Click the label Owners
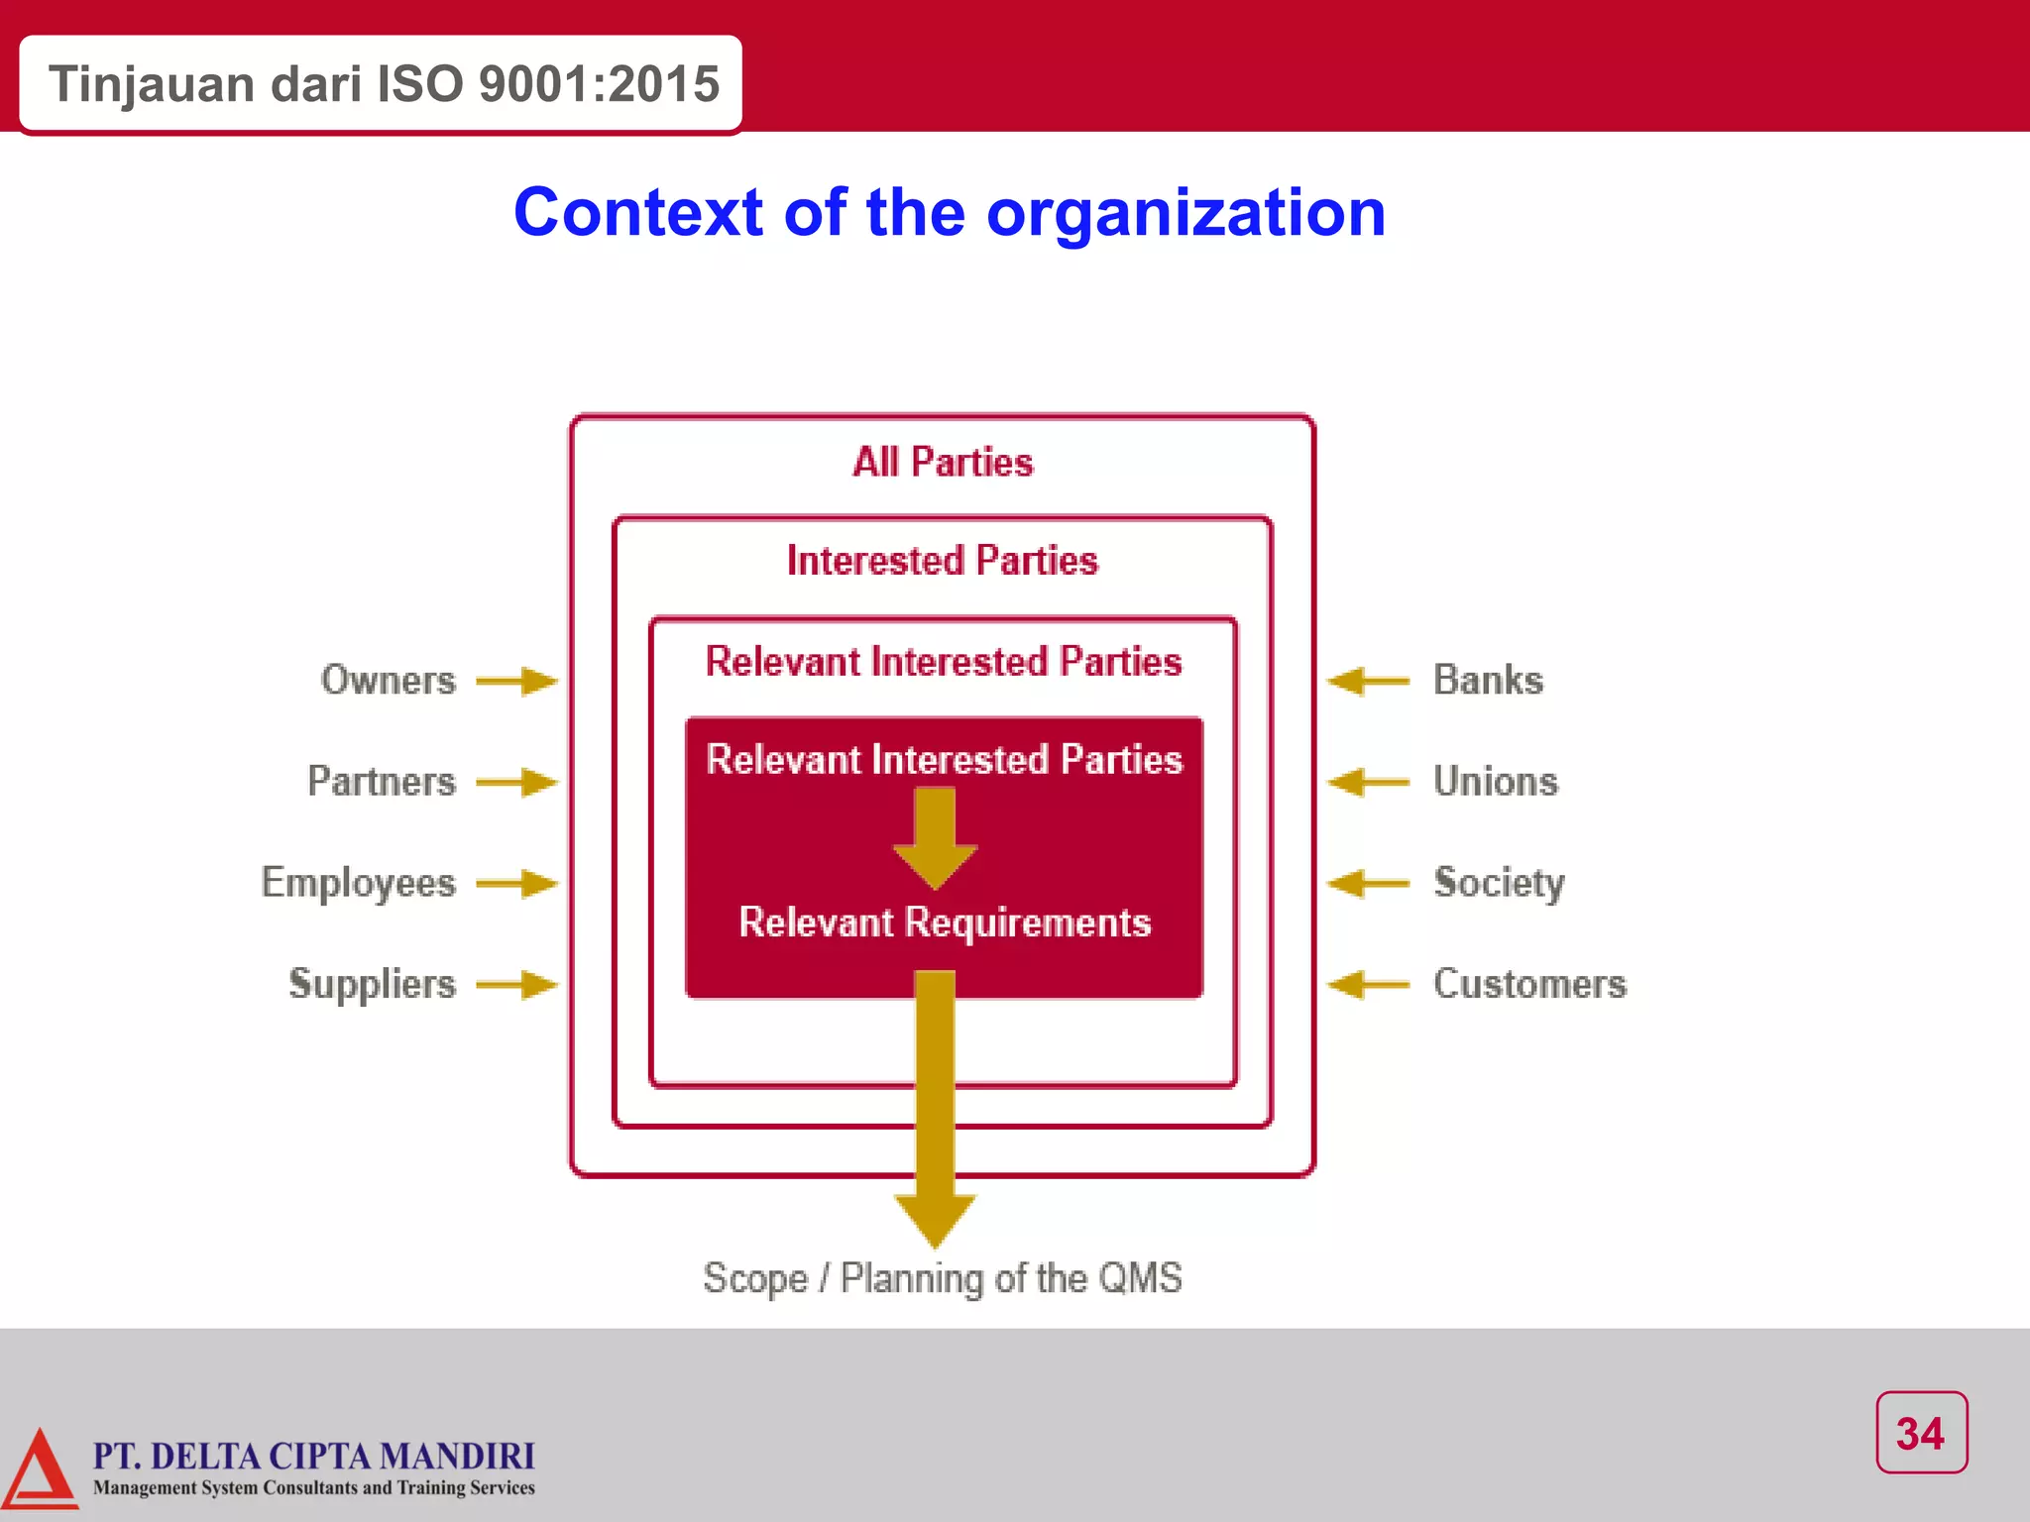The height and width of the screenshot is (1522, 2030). coord(388,681)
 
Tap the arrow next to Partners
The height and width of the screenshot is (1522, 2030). coord(516,782)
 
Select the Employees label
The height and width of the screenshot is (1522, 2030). coord(358,883)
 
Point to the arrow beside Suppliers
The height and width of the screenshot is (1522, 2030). coord(516,985)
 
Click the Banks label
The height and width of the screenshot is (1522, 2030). coord(1488,681)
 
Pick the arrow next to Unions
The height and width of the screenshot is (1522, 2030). coord(1369,782)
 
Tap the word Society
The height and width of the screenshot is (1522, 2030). coord(1499,883)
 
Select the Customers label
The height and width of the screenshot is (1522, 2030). coord(1529,984)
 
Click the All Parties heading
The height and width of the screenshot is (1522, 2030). coord(943,463)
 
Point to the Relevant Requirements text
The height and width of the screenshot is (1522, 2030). coord(945,923)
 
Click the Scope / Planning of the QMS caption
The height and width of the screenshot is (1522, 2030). coord(943,1278)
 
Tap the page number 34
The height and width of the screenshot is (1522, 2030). coord(1921,1433)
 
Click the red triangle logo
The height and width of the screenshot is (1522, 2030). coord(40,1470)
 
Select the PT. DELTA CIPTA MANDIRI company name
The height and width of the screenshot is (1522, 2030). coord(313,1456)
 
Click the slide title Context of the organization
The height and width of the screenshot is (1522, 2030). coord(950,212)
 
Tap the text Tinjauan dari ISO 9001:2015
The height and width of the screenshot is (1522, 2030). coord(384,84)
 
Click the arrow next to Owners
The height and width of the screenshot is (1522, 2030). coord(516,681)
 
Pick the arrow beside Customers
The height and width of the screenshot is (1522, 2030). coord(1369,985)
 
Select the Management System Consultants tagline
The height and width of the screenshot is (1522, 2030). coord(313,1488)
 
